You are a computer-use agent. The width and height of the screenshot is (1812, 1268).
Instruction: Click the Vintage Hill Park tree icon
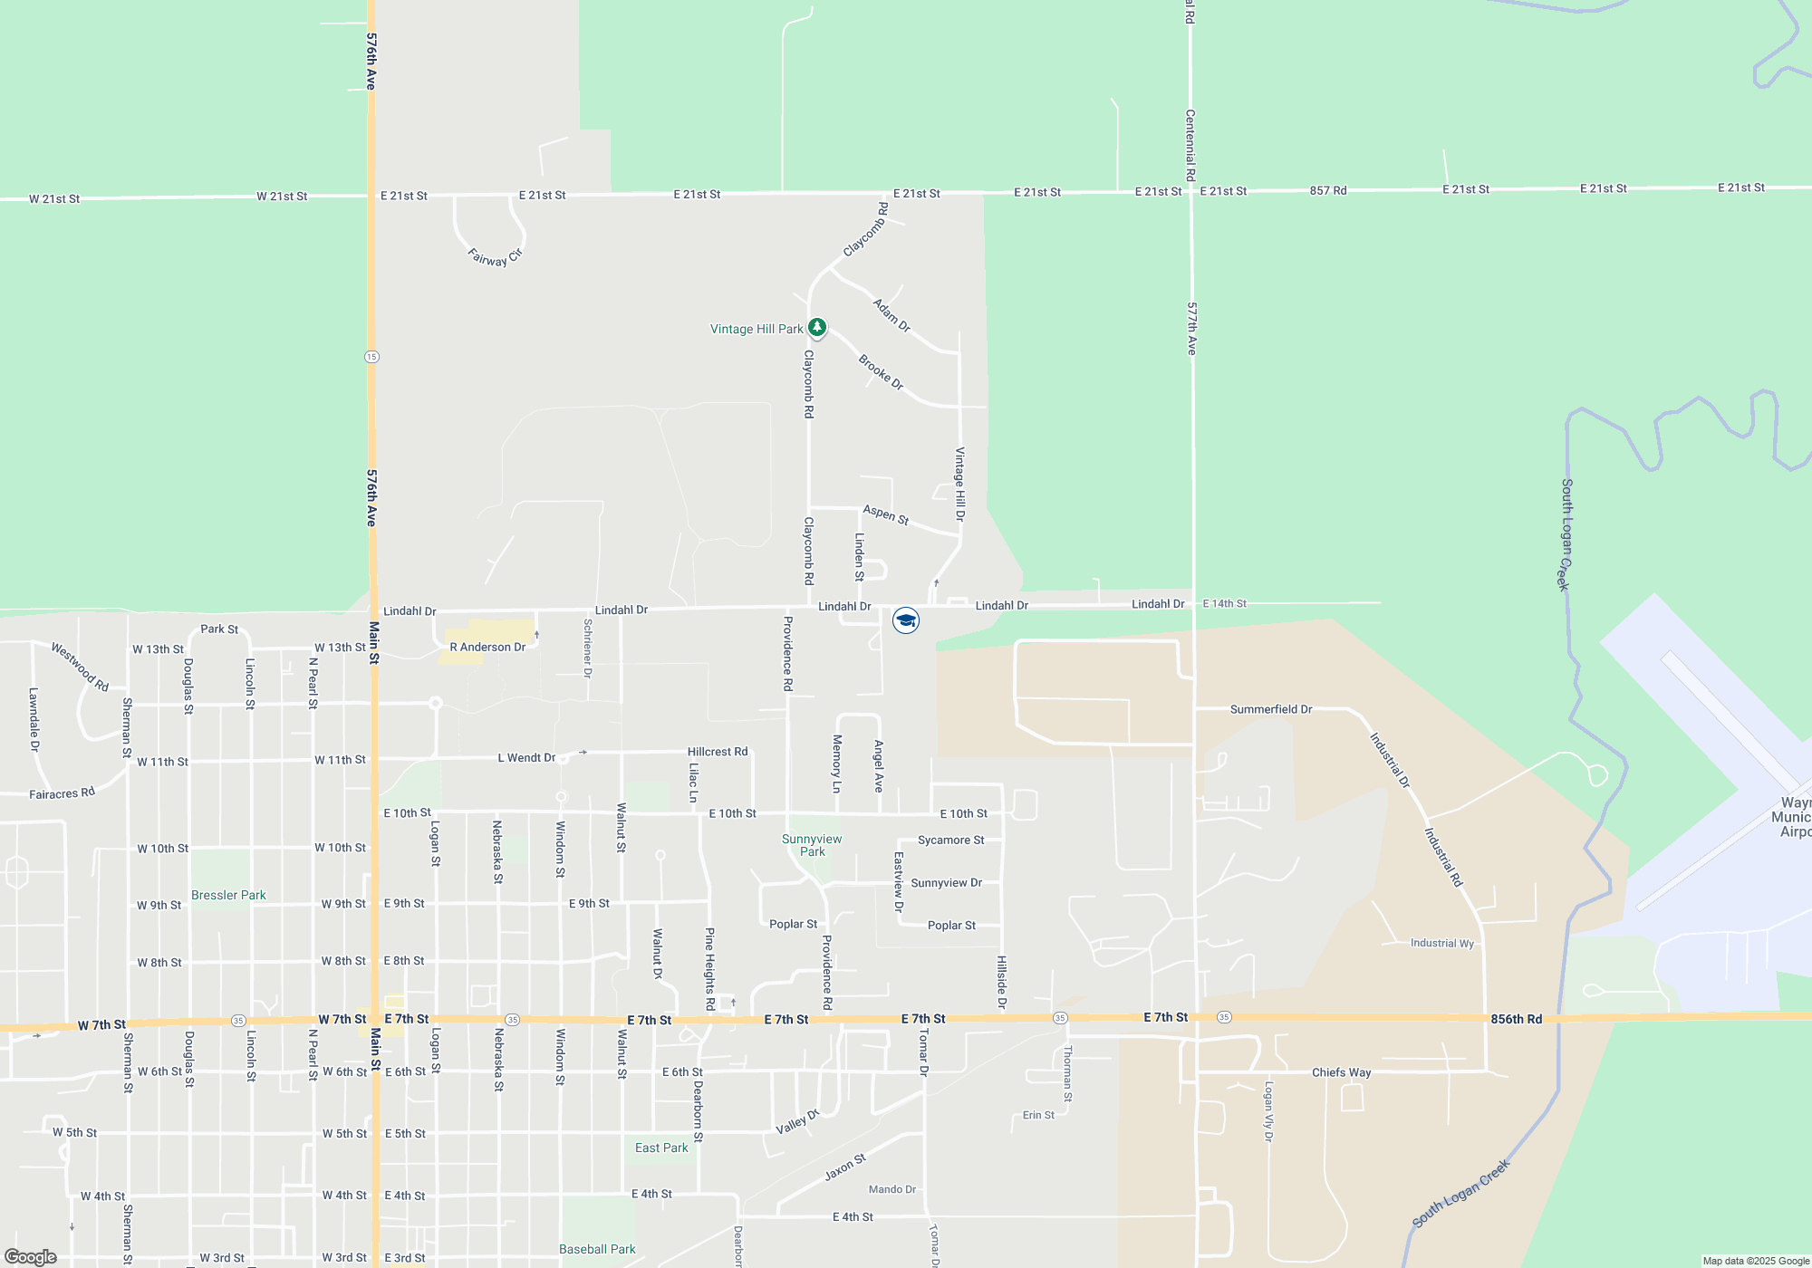[x=817, y=326]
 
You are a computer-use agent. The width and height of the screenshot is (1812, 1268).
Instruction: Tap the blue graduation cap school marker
[x=906, y=620]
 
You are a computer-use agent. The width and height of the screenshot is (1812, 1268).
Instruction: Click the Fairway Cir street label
[x=496, y=256]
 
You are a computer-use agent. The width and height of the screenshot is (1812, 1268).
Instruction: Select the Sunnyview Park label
[x=812, y=845]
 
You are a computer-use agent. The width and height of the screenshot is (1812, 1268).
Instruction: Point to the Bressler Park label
[x=228, y=895]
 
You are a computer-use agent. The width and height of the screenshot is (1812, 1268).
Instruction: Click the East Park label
[x=661, y=1148]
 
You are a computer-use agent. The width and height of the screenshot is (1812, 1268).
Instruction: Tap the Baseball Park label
[x=597, y=1249]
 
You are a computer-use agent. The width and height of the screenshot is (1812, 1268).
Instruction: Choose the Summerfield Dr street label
[x=1270, y=709]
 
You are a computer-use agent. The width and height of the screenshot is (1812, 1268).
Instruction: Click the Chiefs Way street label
[x=1341, y=1072]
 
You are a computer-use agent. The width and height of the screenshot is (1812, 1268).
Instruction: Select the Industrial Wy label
[x=1441, y=943]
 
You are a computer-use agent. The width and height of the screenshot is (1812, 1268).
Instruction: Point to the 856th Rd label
[x=1516, y=1019]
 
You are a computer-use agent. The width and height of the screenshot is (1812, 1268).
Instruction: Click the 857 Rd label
[x=1327, y=190]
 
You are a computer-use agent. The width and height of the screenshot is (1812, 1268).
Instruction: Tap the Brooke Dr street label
[x=881, y=371]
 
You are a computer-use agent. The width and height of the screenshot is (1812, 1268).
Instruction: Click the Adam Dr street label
[x=892, y=314]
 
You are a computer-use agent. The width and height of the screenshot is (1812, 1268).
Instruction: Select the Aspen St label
[x=885, y=514]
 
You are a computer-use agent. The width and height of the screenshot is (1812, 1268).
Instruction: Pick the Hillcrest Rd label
[x=718, y=752]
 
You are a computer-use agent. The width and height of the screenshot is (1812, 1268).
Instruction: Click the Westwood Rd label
[x=80, y=667]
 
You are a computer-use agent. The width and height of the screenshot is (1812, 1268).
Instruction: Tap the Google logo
[x=31, y=1257]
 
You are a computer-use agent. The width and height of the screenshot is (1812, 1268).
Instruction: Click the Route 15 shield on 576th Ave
[x=371, y=357]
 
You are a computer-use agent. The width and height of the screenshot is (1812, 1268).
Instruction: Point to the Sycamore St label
[x=950, y=841]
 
